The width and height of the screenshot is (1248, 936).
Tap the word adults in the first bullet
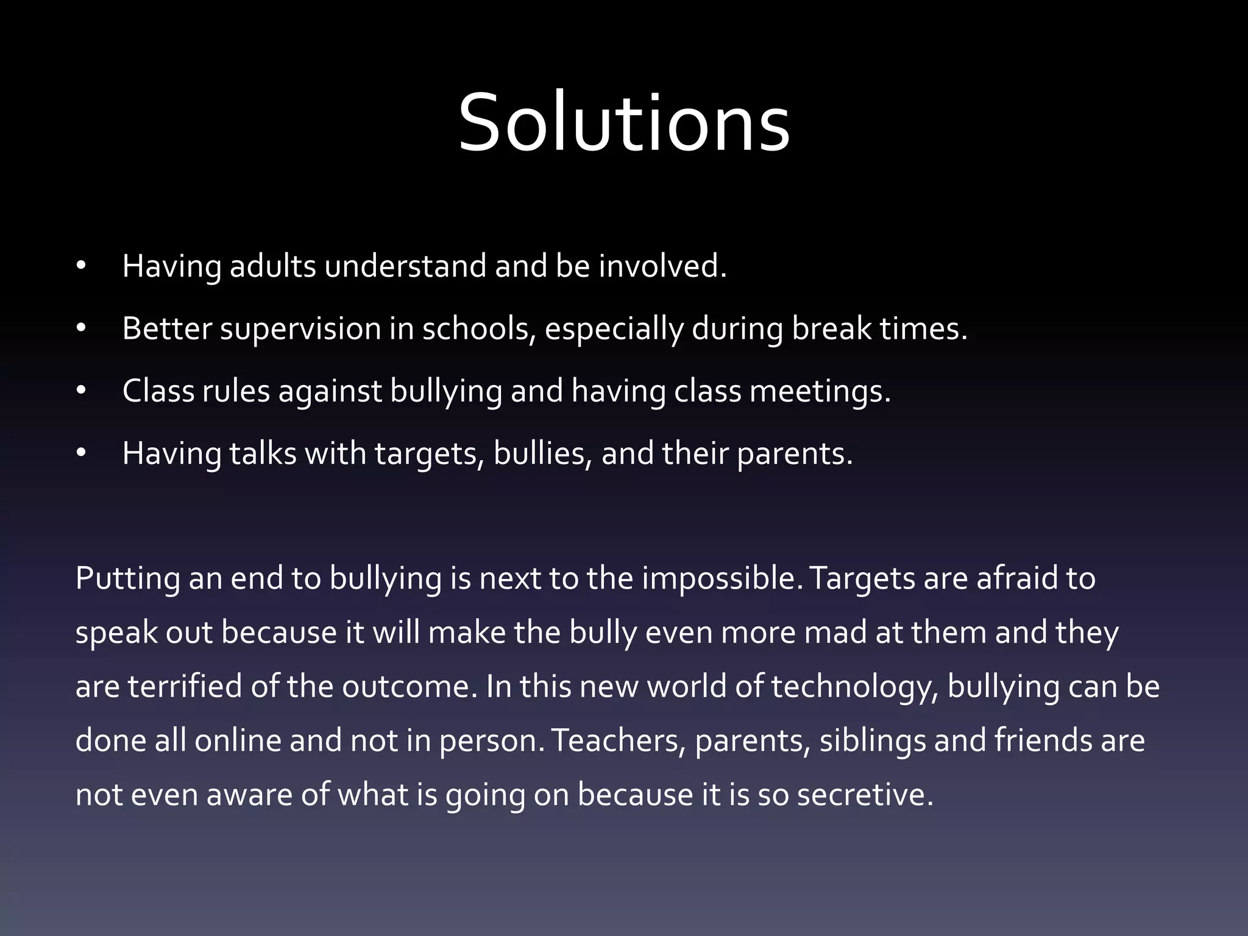tap(272, 266)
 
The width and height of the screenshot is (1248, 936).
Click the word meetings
tap(820, 392)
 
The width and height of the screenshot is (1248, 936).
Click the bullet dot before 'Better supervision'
tap(82, 329)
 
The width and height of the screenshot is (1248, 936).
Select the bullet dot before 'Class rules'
tap(82, 391)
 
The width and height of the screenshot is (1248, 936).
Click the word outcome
tap(409, 686)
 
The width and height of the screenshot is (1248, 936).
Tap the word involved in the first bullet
tap(662, 266)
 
